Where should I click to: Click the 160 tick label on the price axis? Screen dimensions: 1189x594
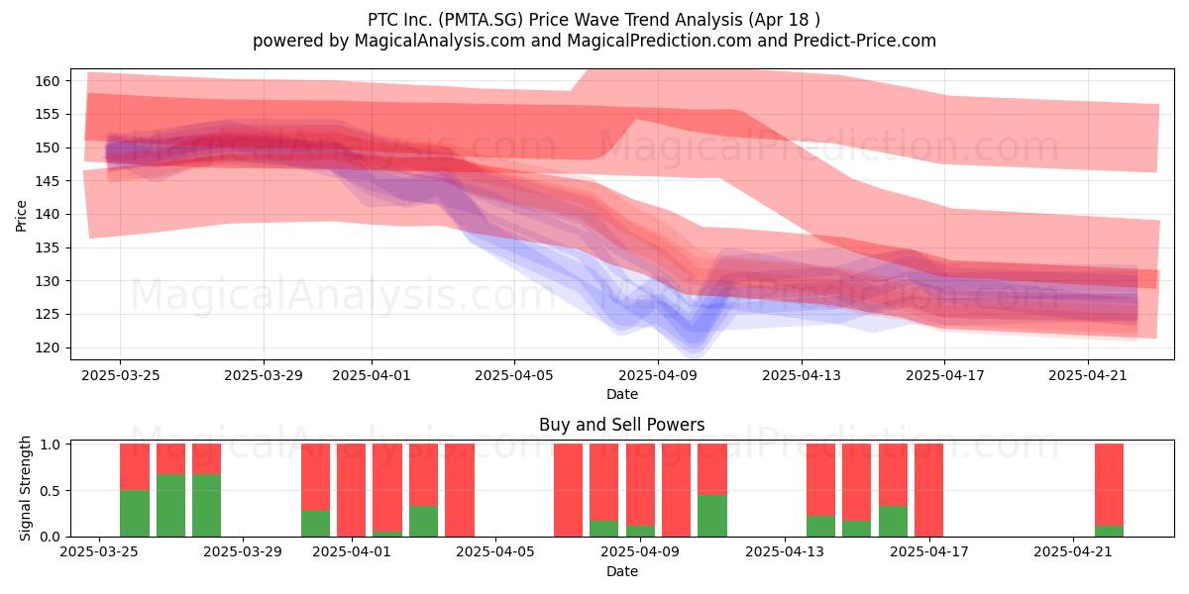pyautogui.click(x=47, y=81)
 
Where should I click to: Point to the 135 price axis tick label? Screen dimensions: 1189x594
pyautogui.click(x=47, y=247)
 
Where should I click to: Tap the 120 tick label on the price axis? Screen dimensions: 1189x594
pyautogui.click(x=47, y=347)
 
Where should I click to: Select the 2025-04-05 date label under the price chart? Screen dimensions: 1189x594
pyautogui.click(x=514, y=375)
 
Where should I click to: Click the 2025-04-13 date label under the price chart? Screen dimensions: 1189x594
pyautogui.click(x=802, y=375)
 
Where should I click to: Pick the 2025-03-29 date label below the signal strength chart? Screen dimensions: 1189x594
pyautogui.click(x=243, y=552)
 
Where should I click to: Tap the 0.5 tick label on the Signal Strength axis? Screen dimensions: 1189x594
pyautogui.click(x=50, y=491)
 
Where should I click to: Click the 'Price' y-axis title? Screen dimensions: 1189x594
pyautogui.click(x=21, y=216)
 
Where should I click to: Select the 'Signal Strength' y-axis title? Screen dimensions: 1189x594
pyautogui.click(x=25, y=488)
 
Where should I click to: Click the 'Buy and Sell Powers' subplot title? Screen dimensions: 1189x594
pyautogui.click(x=621, y=425)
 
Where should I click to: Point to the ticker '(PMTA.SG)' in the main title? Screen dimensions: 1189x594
pyautogui.click(x=481, y=20)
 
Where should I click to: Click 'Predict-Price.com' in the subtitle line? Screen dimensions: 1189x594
pyautogui.click(x=865, y=41)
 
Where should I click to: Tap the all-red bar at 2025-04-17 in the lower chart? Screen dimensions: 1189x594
pyautogui.click(x=929, y=490)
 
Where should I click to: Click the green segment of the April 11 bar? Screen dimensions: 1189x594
pyautogui.click(x=712, y=516)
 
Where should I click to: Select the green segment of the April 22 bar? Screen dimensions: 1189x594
pyautogui.click(x=1110, y=531)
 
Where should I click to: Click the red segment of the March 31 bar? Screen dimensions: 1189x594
pyautogui.click(x=315, y=477)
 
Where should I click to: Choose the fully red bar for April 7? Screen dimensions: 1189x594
pyautogui.click(x=568, y=490)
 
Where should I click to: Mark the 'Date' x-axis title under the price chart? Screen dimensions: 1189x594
pyautogui.click(x=622, y=394)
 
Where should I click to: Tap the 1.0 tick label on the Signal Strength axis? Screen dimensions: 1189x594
pyautogui.click(x=50, y=444)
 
